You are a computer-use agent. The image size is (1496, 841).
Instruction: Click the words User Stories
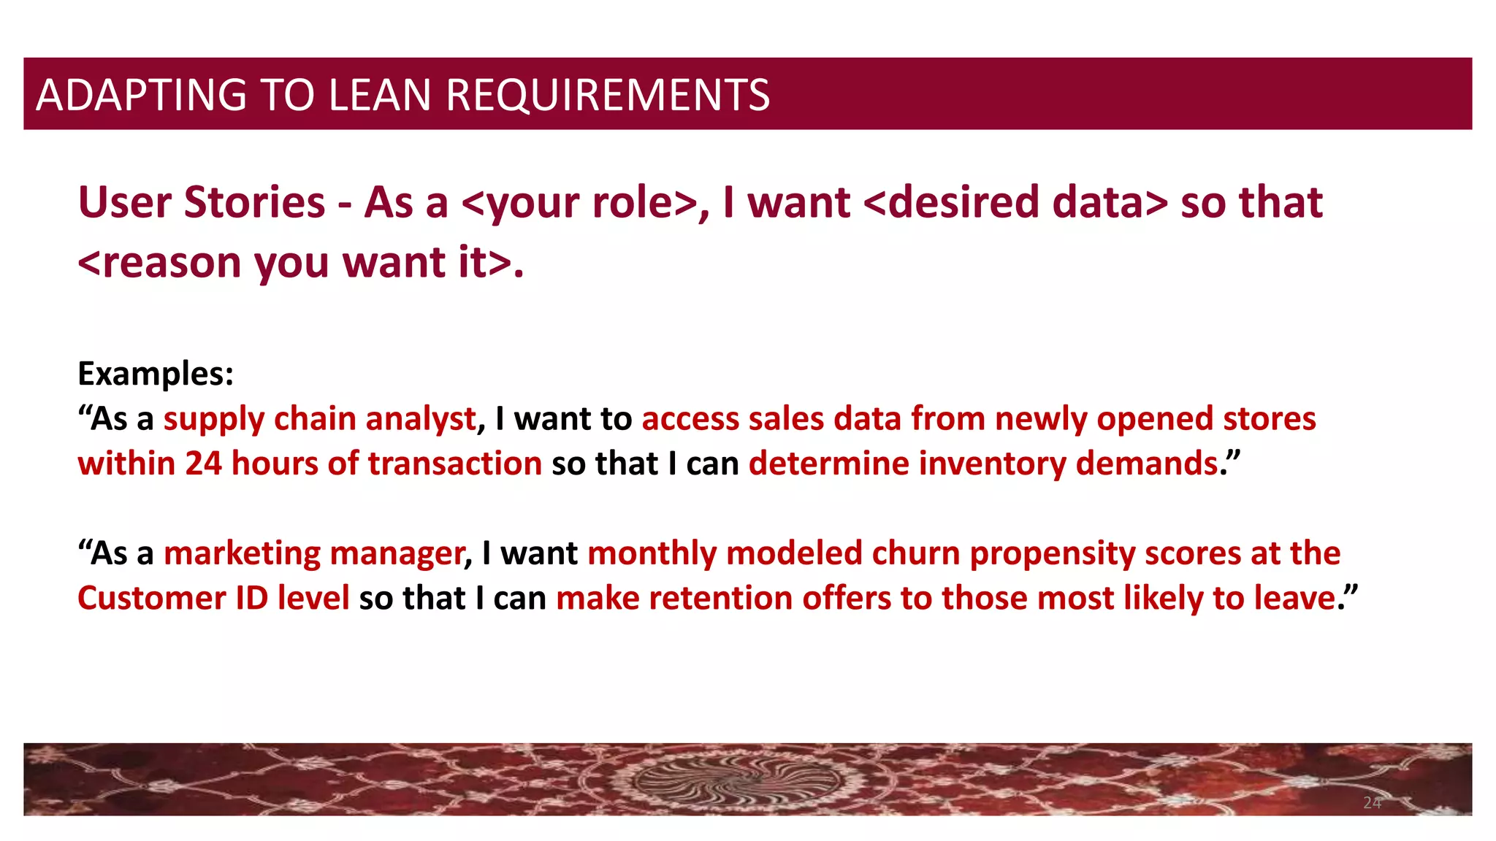pyautogui.click(x=202, y=202)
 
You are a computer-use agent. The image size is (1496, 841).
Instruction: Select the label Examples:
pyautogui.click(x=156, y=374)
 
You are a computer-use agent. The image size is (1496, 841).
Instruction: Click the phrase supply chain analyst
pyautogui.click(x=320, y=419)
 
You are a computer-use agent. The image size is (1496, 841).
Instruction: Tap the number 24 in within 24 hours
pyautogui.click(x=203, y=464)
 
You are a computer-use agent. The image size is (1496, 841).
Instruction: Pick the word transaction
pyautogui.click(x=454, y=464)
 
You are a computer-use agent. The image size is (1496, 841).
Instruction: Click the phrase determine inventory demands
pyautogui.click(x=983, y=464)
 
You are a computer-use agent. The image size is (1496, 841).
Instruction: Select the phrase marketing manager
pyautogui.click(x=314, y=553)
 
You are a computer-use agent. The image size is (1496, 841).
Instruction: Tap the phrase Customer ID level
pyautogui.click(x=213, y=599)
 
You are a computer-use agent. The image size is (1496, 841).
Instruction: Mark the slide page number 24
pyautogui.click(x=1372, y=803)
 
